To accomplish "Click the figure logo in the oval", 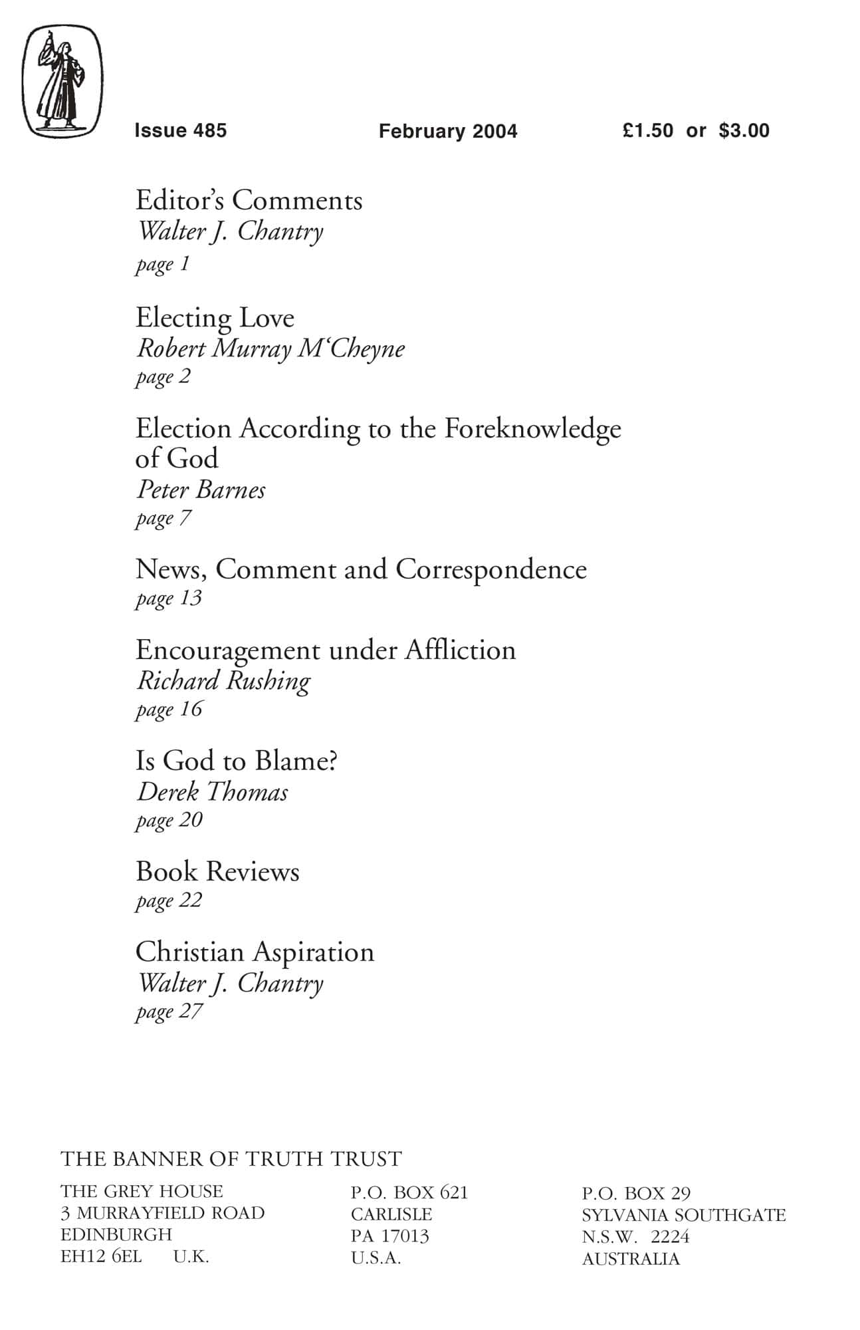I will click(x=63, y=82).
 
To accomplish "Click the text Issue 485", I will click(x=180, y=130).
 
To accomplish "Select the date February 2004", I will click(x=448, y=131).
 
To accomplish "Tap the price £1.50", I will click(x=648, y=130).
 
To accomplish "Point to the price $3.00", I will click(x=744, y=130).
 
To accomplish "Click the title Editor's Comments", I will click(x=249, y=200).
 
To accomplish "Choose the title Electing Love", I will click(x=215, y=317).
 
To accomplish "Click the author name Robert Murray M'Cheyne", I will click(x=270, y=348).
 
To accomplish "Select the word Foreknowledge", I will click(x=532, y=429).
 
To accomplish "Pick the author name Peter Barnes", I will click(x=201, y=490).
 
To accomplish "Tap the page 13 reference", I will click(x=169, y=598).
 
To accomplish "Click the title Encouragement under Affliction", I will click(x=326, y=650).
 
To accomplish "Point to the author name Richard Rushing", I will click(x=223, y=681).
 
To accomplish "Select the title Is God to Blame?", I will click(x=237, y=761).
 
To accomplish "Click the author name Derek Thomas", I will click(x=212, y=792).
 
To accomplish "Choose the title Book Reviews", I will click(x=217, y=872).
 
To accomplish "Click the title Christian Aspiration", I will click(x=255, y=952).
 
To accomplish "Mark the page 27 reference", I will click(x=169, y=1011).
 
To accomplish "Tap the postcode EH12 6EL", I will click(x=101, y=1256).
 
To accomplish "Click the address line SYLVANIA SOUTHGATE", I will click(x=683, y=1215).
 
